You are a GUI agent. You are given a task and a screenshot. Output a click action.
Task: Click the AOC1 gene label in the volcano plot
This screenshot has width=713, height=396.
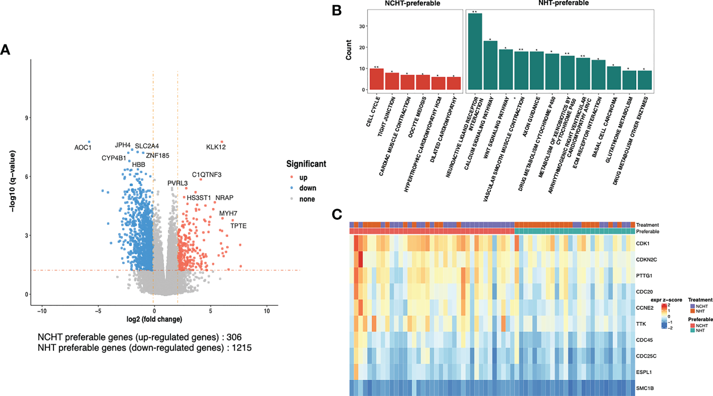83,147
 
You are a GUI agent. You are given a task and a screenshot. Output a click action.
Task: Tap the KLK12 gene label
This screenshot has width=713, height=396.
216,147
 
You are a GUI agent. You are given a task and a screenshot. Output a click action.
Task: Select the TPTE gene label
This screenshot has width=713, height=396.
239,226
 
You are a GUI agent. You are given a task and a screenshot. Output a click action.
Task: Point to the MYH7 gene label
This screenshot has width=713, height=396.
228,213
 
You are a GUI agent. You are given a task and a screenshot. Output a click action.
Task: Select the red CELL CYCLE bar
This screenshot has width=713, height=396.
377,79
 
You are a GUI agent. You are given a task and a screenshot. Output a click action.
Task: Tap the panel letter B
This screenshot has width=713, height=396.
337,10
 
